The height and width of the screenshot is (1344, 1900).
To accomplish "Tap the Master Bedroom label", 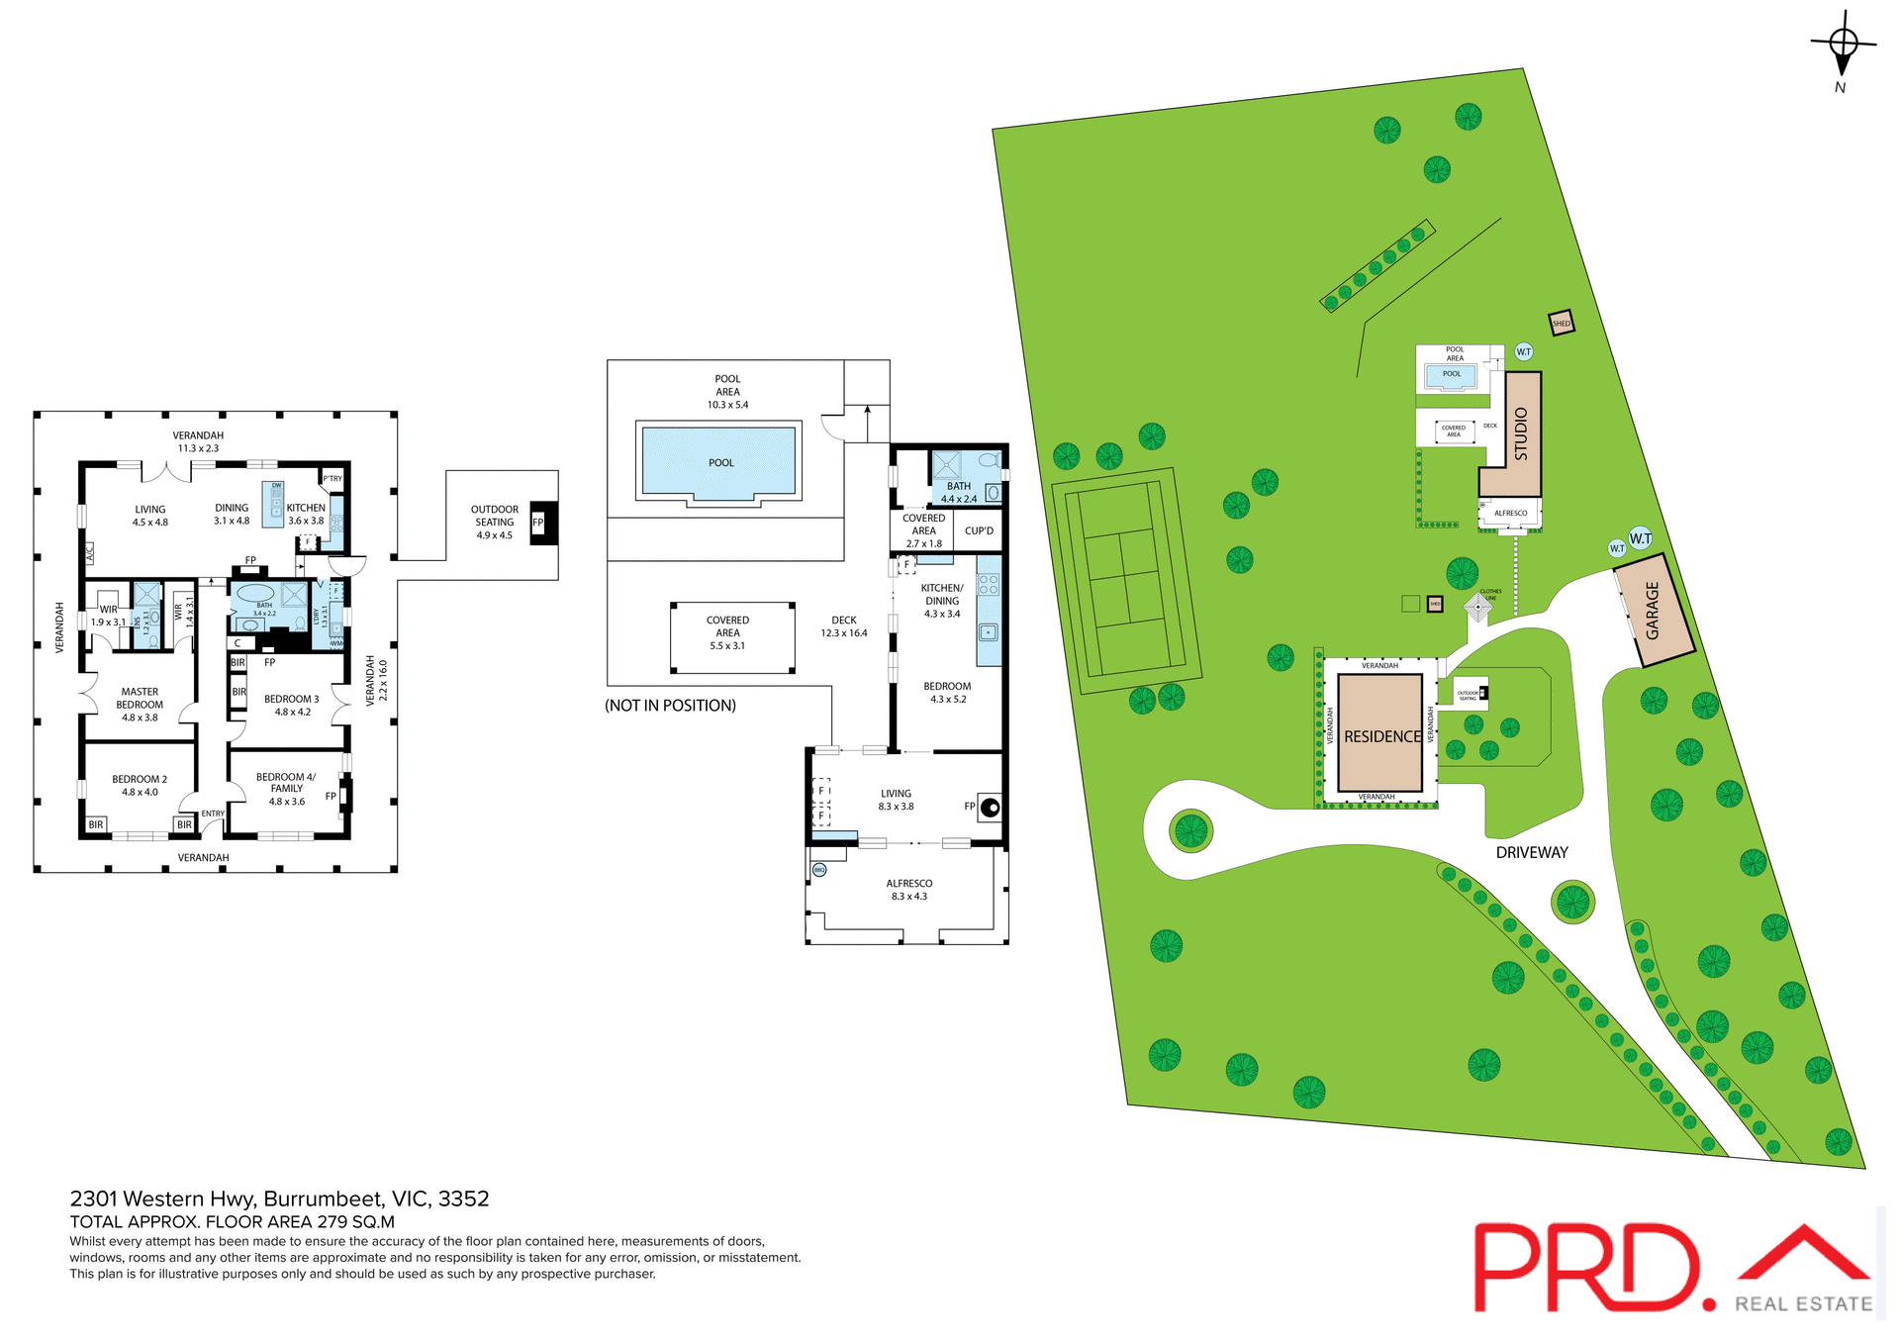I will click(x=140, y=704).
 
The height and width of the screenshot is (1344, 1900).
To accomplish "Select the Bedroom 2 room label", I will click(x=140, y=785).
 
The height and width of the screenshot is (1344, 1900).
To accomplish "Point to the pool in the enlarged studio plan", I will click(x=719, y=461).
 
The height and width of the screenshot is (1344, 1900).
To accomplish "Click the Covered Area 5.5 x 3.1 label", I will click(x=727, y=632).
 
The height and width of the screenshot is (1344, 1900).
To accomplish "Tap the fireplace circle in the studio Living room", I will click(x=990, y=807).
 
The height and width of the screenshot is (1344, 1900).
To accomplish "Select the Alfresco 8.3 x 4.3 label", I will click(x=908, y=889).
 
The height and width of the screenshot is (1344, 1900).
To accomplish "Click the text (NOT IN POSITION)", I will click(x=670, y=706).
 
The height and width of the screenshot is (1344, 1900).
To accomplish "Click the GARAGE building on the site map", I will click(x=1654, y=611).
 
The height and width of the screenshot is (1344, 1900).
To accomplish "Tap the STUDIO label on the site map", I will click(x=1522, y=433).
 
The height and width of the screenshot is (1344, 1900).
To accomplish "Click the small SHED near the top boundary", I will click(x=1561, y=323).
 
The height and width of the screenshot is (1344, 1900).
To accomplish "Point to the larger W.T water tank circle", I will click(x=1641, y=538).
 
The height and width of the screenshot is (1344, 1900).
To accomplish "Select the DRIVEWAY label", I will click(x=1531, y=852).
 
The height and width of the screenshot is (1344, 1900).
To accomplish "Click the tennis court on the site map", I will click(x=1125, y=581).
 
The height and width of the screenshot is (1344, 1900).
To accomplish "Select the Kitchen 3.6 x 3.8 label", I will click(x=306, y=514).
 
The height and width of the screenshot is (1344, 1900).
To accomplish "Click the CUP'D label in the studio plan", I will click(x=979, y=530).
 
